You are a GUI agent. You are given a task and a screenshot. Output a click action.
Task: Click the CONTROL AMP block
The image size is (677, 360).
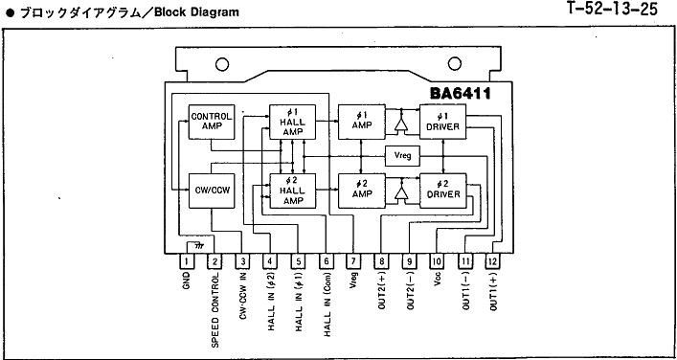(x=212, y=122)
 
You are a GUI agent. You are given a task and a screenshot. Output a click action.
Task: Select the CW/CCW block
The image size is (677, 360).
(x=212, y=191)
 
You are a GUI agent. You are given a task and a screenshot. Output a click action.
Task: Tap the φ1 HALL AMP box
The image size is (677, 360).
(x=293, y=122)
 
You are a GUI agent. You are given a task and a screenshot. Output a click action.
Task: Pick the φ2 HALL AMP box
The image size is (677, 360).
(x=293, y=191)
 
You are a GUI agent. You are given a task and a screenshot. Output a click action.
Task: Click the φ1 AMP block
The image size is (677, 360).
(x=361, y=122)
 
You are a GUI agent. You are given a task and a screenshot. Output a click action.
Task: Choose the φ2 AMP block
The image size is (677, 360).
(x=361, y=191)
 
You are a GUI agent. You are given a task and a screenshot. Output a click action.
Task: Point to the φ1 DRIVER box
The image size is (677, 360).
(x=442, y=122)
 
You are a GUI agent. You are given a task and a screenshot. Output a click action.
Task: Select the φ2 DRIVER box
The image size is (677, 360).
(x=442, y=191)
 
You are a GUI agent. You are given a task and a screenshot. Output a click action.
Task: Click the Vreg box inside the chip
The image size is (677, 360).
(x=402, y=156)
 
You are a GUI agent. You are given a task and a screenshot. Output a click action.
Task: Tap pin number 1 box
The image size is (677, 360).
(x=187, y=261)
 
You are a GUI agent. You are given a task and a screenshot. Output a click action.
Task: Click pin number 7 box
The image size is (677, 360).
(x=353, y=261)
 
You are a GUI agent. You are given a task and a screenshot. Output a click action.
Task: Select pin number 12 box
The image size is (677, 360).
(x=492, y=261)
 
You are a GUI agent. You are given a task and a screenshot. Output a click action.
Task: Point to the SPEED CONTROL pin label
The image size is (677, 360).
(x=214, y=310)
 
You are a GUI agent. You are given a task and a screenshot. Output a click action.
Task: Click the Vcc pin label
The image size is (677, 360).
(x=437, y=280)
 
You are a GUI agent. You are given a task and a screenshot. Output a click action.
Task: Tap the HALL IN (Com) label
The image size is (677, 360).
(x=327, y=304)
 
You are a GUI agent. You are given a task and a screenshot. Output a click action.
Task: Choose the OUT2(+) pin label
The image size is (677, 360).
(x=382, y=291)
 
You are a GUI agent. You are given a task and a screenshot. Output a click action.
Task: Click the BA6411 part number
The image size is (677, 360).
(x=461, y=94)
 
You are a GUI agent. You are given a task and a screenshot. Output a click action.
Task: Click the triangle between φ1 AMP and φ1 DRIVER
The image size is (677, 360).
(x=401, y=124)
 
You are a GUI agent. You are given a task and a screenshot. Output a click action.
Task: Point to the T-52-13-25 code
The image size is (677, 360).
(x=612, y=9)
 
